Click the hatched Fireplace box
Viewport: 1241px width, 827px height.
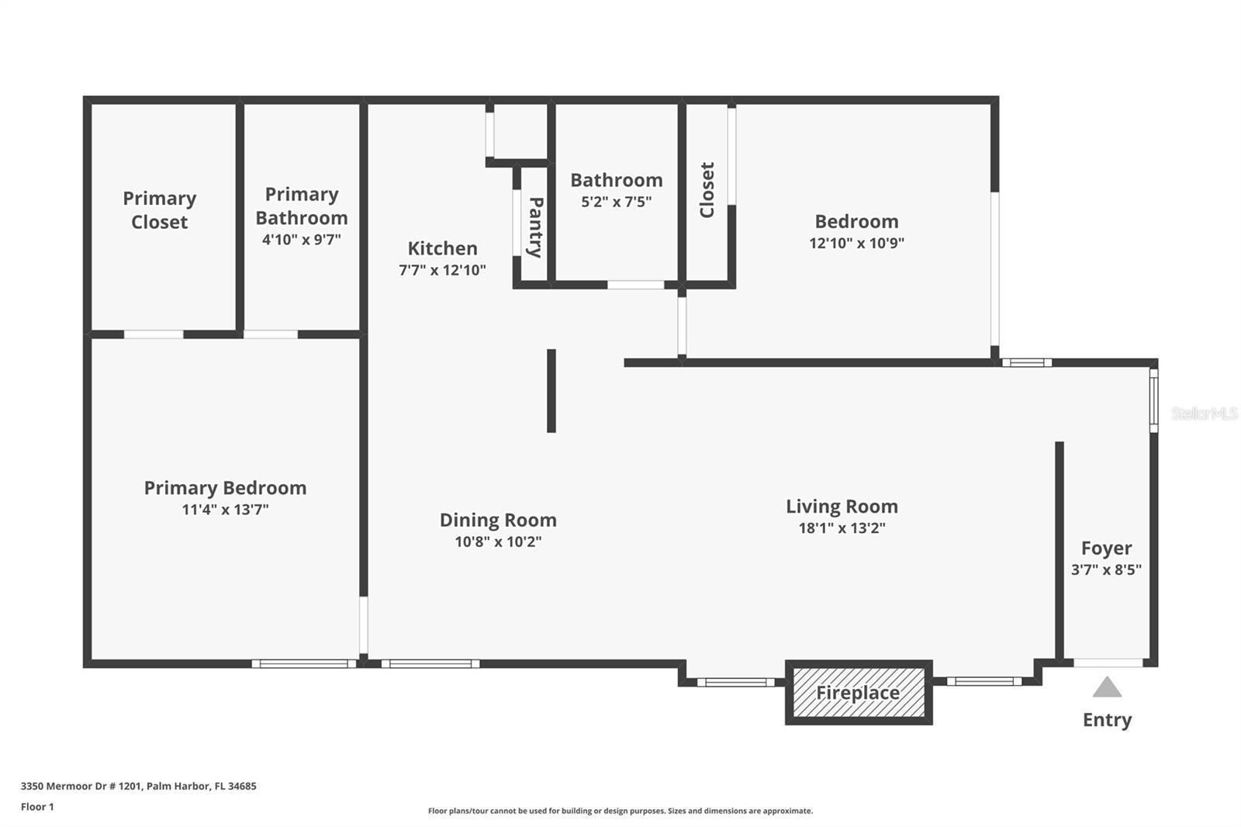coord(858,692)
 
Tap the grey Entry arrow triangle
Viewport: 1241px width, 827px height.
coord(1107,687)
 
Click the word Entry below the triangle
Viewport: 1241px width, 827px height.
coord(1107,720)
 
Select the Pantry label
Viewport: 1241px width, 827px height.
coord(535,227)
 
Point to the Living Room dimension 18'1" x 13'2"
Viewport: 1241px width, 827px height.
coord(842,528)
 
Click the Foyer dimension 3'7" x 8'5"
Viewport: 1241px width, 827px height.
coord(1106,569)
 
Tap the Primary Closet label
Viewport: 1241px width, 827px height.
coord(159,210)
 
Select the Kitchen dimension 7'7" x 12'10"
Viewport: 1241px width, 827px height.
coord(442,270)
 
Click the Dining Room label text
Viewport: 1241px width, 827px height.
coord(498,520)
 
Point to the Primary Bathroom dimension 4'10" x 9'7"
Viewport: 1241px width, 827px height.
coord(301,240)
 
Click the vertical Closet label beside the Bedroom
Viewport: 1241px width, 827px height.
coord(707,190)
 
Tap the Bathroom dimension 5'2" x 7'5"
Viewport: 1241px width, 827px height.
coord(616,202)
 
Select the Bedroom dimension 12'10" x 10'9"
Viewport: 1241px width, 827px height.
coord(856,243)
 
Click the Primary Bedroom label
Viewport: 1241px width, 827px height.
coord(225,488)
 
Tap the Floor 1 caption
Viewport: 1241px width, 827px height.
coord(37,807)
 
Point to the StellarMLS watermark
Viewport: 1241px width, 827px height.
coord(1204,413)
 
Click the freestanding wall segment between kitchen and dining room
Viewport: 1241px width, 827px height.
coord(551,390)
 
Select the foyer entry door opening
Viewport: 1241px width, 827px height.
coord(1108,663)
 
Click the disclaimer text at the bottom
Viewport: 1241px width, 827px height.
coord(620,811)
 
